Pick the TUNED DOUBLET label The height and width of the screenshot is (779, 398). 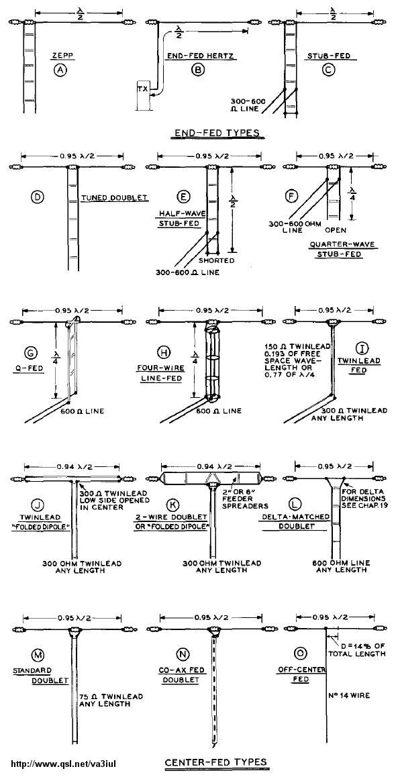[x=115, y=198]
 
